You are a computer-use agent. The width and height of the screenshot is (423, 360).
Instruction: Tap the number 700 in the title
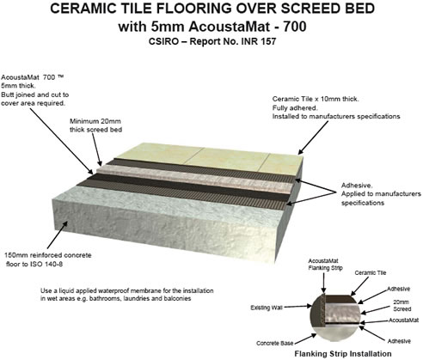pos(295,27)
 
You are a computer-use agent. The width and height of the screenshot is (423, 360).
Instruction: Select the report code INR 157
pos(259,41)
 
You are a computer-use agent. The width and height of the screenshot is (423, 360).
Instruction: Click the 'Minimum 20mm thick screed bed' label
pos(96,125)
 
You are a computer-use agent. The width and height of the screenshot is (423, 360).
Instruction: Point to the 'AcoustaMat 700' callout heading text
pos(32,77)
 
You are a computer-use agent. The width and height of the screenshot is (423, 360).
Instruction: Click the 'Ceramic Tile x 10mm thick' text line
pos(316,99)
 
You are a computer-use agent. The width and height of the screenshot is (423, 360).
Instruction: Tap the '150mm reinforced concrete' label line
pos(48,255)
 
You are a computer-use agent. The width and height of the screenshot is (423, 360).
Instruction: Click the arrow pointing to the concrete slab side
pos(58,235)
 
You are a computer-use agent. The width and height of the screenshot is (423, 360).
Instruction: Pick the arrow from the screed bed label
pos(97,150)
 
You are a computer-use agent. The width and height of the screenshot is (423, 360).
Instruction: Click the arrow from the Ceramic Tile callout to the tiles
pos(313,137)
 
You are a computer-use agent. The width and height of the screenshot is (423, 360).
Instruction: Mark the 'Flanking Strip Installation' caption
pos(343,354)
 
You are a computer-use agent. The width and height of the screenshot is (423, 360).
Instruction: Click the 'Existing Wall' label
pos(267,308)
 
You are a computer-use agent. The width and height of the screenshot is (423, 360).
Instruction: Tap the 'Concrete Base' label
pos(275,344)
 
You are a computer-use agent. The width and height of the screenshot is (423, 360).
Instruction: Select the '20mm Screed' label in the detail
pos(402,306)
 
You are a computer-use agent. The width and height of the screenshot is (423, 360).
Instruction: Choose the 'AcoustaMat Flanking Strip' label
pos(325,265)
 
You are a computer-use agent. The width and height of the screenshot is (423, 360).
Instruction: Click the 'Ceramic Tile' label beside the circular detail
pos(371,273)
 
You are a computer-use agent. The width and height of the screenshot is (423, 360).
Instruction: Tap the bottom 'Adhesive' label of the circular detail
pos(399,341)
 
